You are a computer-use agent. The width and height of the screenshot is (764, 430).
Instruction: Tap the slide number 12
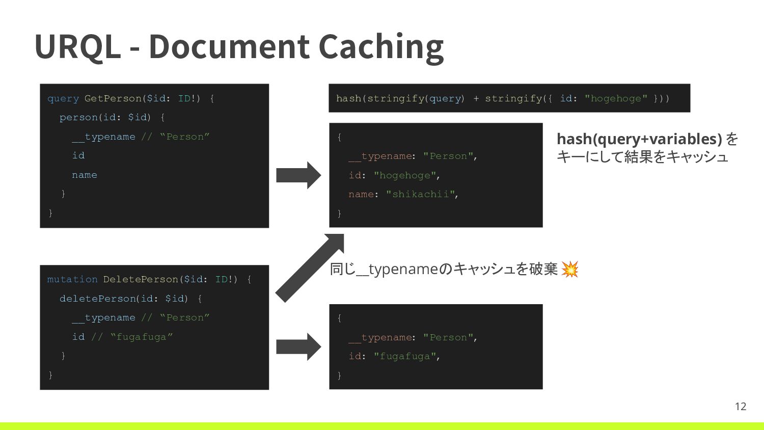coord(741,406)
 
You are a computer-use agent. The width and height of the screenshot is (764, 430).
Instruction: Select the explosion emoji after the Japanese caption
coord(570,269)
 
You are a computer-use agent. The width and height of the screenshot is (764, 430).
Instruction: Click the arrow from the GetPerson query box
coord(298,175)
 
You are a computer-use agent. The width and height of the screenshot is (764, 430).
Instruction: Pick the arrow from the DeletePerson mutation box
coord(298,347)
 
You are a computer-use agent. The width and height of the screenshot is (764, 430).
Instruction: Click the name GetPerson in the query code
coord(113,98)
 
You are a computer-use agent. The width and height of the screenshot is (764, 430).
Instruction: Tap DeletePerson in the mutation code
coord(141,279)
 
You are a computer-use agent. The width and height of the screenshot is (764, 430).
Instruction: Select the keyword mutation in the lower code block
coord(72,279)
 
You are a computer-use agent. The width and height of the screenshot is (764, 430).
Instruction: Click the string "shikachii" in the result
coord(420,194)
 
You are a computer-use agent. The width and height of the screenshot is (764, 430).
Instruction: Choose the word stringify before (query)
coord(395,98)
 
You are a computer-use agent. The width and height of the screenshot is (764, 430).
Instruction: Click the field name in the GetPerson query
coord(84,175)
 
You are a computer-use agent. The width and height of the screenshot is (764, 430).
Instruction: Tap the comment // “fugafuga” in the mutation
coord(132,337)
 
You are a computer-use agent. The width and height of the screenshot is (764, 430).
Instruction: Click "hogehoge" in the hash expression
coord(616,98)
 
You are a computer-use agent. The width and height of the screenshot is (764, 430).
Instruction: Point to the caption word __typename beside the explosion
coord(397,269)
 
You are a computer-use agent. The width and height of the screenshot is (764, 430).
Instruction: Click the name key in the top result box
coord(361,194)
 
